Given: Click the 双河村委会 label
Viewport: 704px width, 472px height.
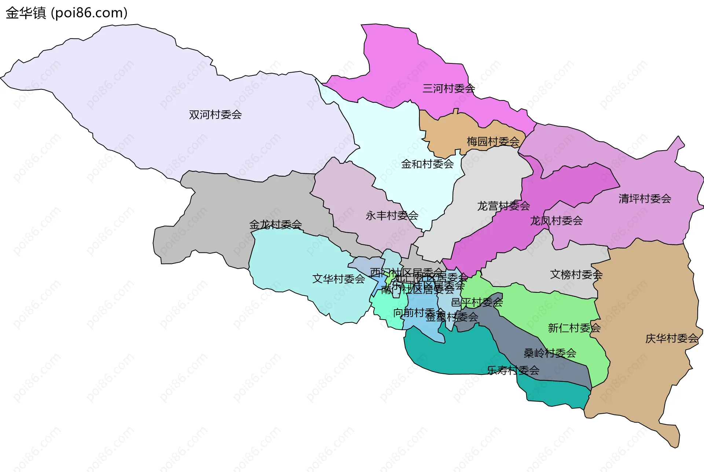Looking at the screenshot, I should coord(215,115).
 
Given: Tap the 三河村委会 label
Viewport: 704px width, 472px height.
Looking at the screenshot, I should coord(448,88).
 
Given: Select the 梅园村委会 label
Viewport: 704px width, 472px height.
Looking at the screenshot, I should coord(493,141).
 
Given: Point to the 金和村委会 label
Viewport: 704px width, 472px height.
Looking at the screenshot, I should coord(427,164).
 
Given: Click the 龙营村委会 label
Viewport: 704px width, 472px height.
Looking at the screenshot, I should coord(503,206).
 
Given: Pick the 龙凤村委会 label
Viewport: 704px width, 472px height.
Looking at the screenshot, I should coord(556,221).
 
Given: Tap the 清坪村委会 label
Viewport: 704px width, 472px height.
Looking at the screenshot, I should coord(645,199).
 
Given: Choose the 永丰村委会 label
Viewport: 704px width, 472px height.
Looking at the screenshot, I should coord(392,215).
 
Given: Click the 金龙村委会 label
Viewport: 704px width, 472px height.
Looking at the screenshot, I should coord(275,224).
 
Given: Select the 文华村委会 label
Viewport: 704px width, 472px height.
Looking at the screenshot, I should coord(338,279).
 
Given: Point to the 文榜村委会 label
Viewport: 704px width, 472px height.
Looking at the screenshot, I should coord(576,274).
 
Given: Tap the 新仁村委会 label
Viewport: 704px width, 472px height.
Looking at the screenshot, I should coord(574,328).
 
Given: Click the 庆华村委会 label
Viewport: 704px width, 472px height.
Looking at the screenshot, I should coord(671,338).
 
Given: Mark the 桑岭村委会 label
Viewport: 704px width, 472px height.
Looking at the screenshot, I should coord(550,353).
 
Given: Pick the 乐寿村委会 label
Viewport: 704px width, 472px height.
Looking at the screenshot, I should coord(513,370).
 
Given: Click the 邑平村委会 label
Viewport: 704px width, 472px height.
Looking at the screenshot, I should coord(477,303).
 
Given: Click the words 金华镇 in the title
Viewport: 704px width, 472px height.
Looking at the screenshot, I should coord(26,13).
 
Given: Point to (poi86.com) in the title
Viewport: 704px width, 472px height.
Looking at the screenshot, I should coord(89,13).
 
